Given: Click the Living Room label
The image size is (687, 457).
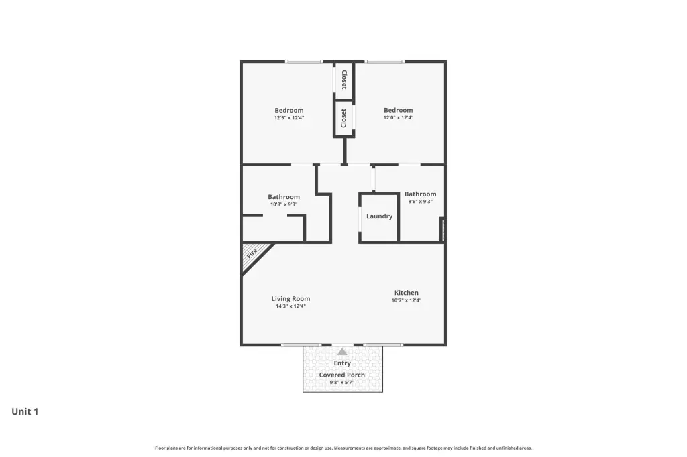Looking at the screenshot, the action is coord(290,299).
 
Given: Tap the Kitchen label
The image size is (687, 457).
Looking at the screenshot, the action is coord(406,293).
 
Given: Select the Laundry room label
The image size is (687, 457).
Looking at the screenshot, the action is coord(380,216).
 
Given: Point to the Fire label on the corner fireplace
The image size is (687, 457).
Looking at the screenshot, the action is coord(252,253).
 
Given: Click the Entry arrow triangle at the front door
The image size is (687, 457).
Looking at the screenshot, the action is coord(342,352).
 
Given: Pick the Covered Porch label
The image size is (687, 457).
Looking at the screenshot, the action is coord(341,375).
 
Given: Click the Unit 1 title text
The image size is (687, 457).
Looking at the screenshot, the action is coord(25,411).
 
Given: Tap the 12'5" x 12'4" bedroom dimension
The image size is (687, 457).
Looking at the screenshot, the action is coord(289,118).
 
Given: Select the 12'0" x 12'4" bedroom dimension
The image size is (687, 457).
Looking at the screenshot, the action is coord(399,117).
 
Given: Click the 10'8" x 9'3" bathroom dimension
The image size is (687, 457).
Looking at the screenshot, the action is coord(284,204).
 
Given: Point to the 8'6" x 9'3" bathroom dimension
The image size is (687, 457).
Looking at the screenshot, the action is coord(420,201).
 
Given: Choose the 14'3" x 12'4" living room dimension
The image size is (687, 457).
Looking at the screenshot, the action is coord(290,306).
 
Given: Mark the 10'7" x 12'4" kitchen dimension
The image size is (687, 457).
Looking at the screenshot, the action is coord(406,300).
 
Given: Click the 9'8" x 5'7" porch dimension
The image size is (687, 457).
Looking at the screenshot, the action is coord(341,382).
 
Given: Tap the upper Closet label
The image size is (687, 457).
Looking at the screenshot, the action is coord(344,80).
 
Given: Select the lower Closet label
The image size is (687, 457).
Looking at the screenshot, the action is coord(343,118).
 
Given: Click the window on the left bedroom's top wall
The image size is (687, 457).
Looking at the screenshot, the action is coord(304,62).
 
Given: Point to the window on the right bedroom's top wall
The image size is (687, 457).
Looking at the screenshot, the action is coord(384,62).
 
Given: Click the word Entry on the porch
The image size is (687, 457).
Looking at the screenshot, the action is coord(342,363).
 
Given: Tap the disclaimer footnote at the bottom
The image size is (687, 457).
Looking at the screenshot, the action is coord(343,448).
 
